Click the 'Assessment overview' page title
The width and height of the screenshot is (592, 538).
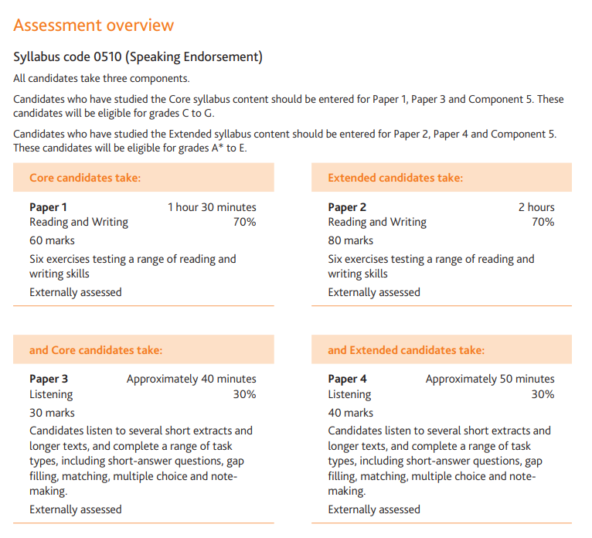click(94, 26)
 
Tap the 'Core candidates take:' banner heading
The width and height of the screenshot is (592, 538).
click(85, 178)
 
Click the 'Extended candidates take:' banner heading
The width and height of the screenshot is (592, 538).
click(395, 178)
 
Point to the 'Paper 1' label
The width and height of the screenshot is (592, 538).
click(48, 207)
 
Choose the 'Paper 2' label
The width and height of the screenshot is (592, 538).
click(347, 207)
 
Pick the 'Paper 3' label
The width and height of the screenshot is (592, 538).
click(48, 379)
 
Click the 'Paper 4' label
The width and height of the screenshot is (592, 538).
click(347, 379)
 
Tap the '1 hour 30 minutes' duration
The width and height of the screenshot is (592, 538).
click(212, 207)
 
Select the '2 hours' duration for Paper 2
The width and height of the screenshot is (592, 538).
click(536, 207)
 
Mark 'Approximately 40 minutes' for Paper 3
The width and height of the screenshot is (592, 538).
click(191, 379)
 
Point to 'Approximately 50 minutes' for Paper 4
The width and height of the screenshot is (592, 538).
click(489, 379)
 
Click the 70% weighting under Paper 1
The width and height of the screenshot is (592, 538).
click(244, 223)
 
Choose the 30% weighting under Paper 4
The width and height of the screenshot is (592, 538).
click(543, 394)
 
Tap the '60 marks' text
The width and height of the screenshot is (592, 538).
click(52, 240)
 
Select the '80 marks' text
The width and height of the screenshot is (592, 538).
click(350, 240)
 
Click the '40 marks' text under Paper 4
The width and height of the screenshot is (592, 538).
click(350, 413)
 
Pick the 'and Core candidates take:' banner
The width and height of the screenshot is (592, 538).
click(96, 350)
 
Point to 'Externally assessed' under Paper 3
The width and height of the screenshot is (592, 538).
click(75, 509)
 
